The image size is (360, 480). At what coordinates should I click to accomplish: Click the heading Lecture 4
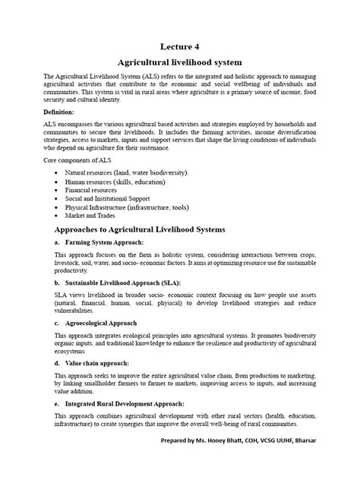tap(179, 46)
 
